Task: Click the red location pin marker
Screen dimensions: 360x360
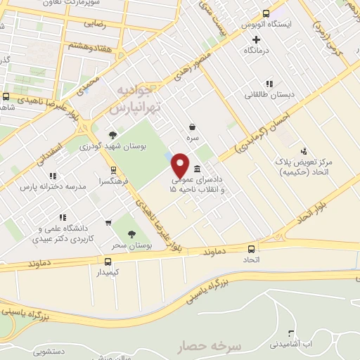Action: pos(180,165)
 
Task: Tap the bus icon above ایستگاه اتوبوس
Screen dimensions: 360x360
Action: pos(266,13)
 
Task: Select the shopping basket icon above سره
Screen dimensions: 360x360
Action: pos(192,127)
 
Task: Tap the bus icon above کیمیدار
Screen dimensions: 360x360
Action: pos(108,261)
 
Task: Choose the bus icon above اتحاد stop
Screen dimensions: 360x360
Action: pos(252,249)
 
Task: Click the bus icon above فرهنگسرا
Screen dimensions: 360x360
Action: pos(112,169)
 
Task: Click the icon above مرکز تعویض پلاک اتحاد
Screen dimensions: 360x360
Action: pos(304,150)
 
